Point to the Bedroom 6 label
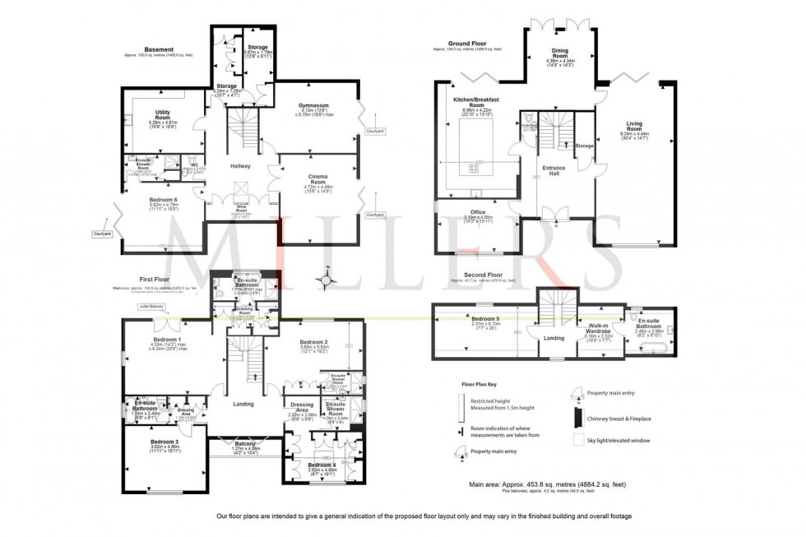pos(164,200)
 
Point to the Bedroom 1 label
pos(168,340)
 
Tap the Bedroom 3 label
pos(163,442)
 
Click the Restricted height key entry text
pos(493,401)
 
